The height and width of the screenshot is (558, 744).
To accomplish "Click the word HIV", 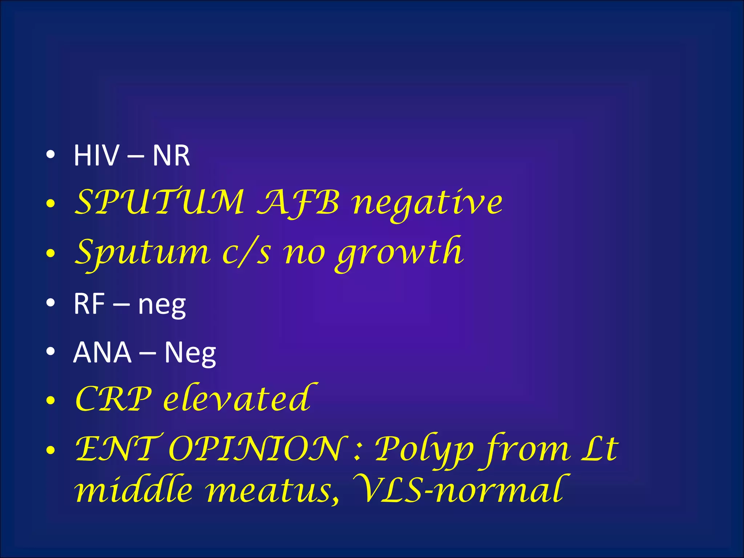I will click(96, 155).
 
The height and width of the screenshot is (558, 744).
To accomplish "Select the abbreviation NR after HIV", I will click(171, 155).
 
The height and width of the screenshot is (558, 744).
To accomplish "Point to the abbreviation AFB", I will click(298, 202).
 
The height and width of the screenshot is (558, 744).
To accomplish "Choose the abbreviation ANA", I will click(102, 352).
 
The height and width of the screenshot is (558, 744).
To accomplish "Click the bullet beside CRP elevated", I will click(51, 401).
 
